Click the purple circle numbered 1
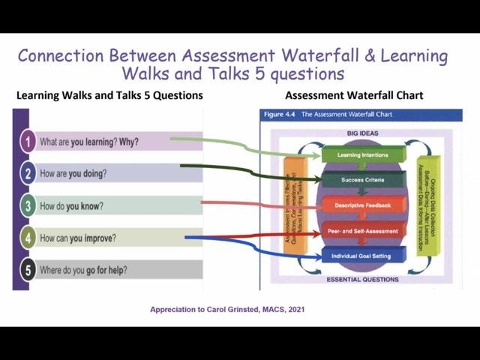[x=28, y=141]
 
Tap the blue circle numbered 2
[x=28, y=173]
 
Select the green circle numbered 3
[x=28, y=205]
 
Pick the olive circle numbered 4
[x=28, y=238]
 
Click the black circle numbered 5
[x=28, y=270]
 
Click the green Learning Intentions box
[x=364, y=155]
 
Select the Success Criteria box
[x=364, y=180]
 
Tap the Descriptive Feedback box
[x=364, y=205]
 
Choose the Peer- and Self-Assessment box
[x=364, y=230]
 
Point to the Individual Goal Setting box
[x=364, y=256]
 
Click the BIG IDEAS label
[x=363, y=133]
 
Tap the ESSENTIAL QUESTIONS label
[x=362, y=280]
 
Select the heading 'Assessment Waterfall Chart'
[x=354, y=96]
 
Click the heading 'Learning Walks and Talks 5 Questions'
[x=109, y=96]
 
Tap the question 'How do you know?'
[x=71, y=205]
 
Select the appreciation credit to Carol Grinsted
[x=227, y=309]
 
